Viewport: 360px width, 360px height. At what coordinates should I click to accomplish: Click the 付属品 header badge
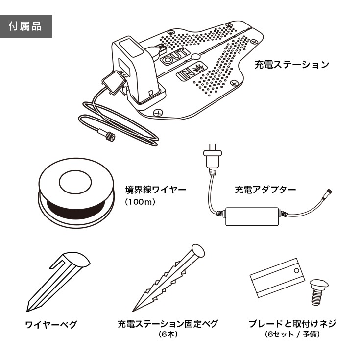point(26,26)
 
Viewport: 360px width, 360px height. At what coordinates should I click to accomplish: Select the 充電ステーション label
point(291,64)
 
